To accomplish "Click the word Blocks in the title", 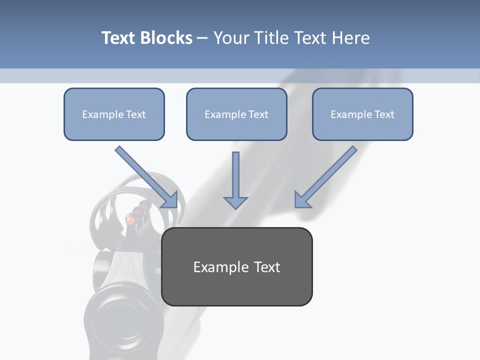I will pos(166,38).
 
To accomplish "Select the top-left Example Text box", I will pos(114,114).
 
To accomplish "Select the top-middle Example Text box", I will pos(236,114).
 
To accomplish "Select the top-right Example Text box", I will pos(362,114).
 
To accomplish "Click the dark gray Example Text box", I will pos(237,266).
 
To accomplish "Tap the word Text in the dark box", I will pos(267,267).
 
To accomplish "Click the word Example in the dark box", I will pos(221,267).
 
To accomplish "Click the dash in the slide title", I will pos(202,38).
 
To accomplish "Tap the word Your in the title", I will pos(232,38).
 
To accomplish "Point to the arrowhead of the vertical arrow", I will pos(235,202).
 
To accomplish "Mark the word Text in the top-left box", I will pos(136,114).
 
